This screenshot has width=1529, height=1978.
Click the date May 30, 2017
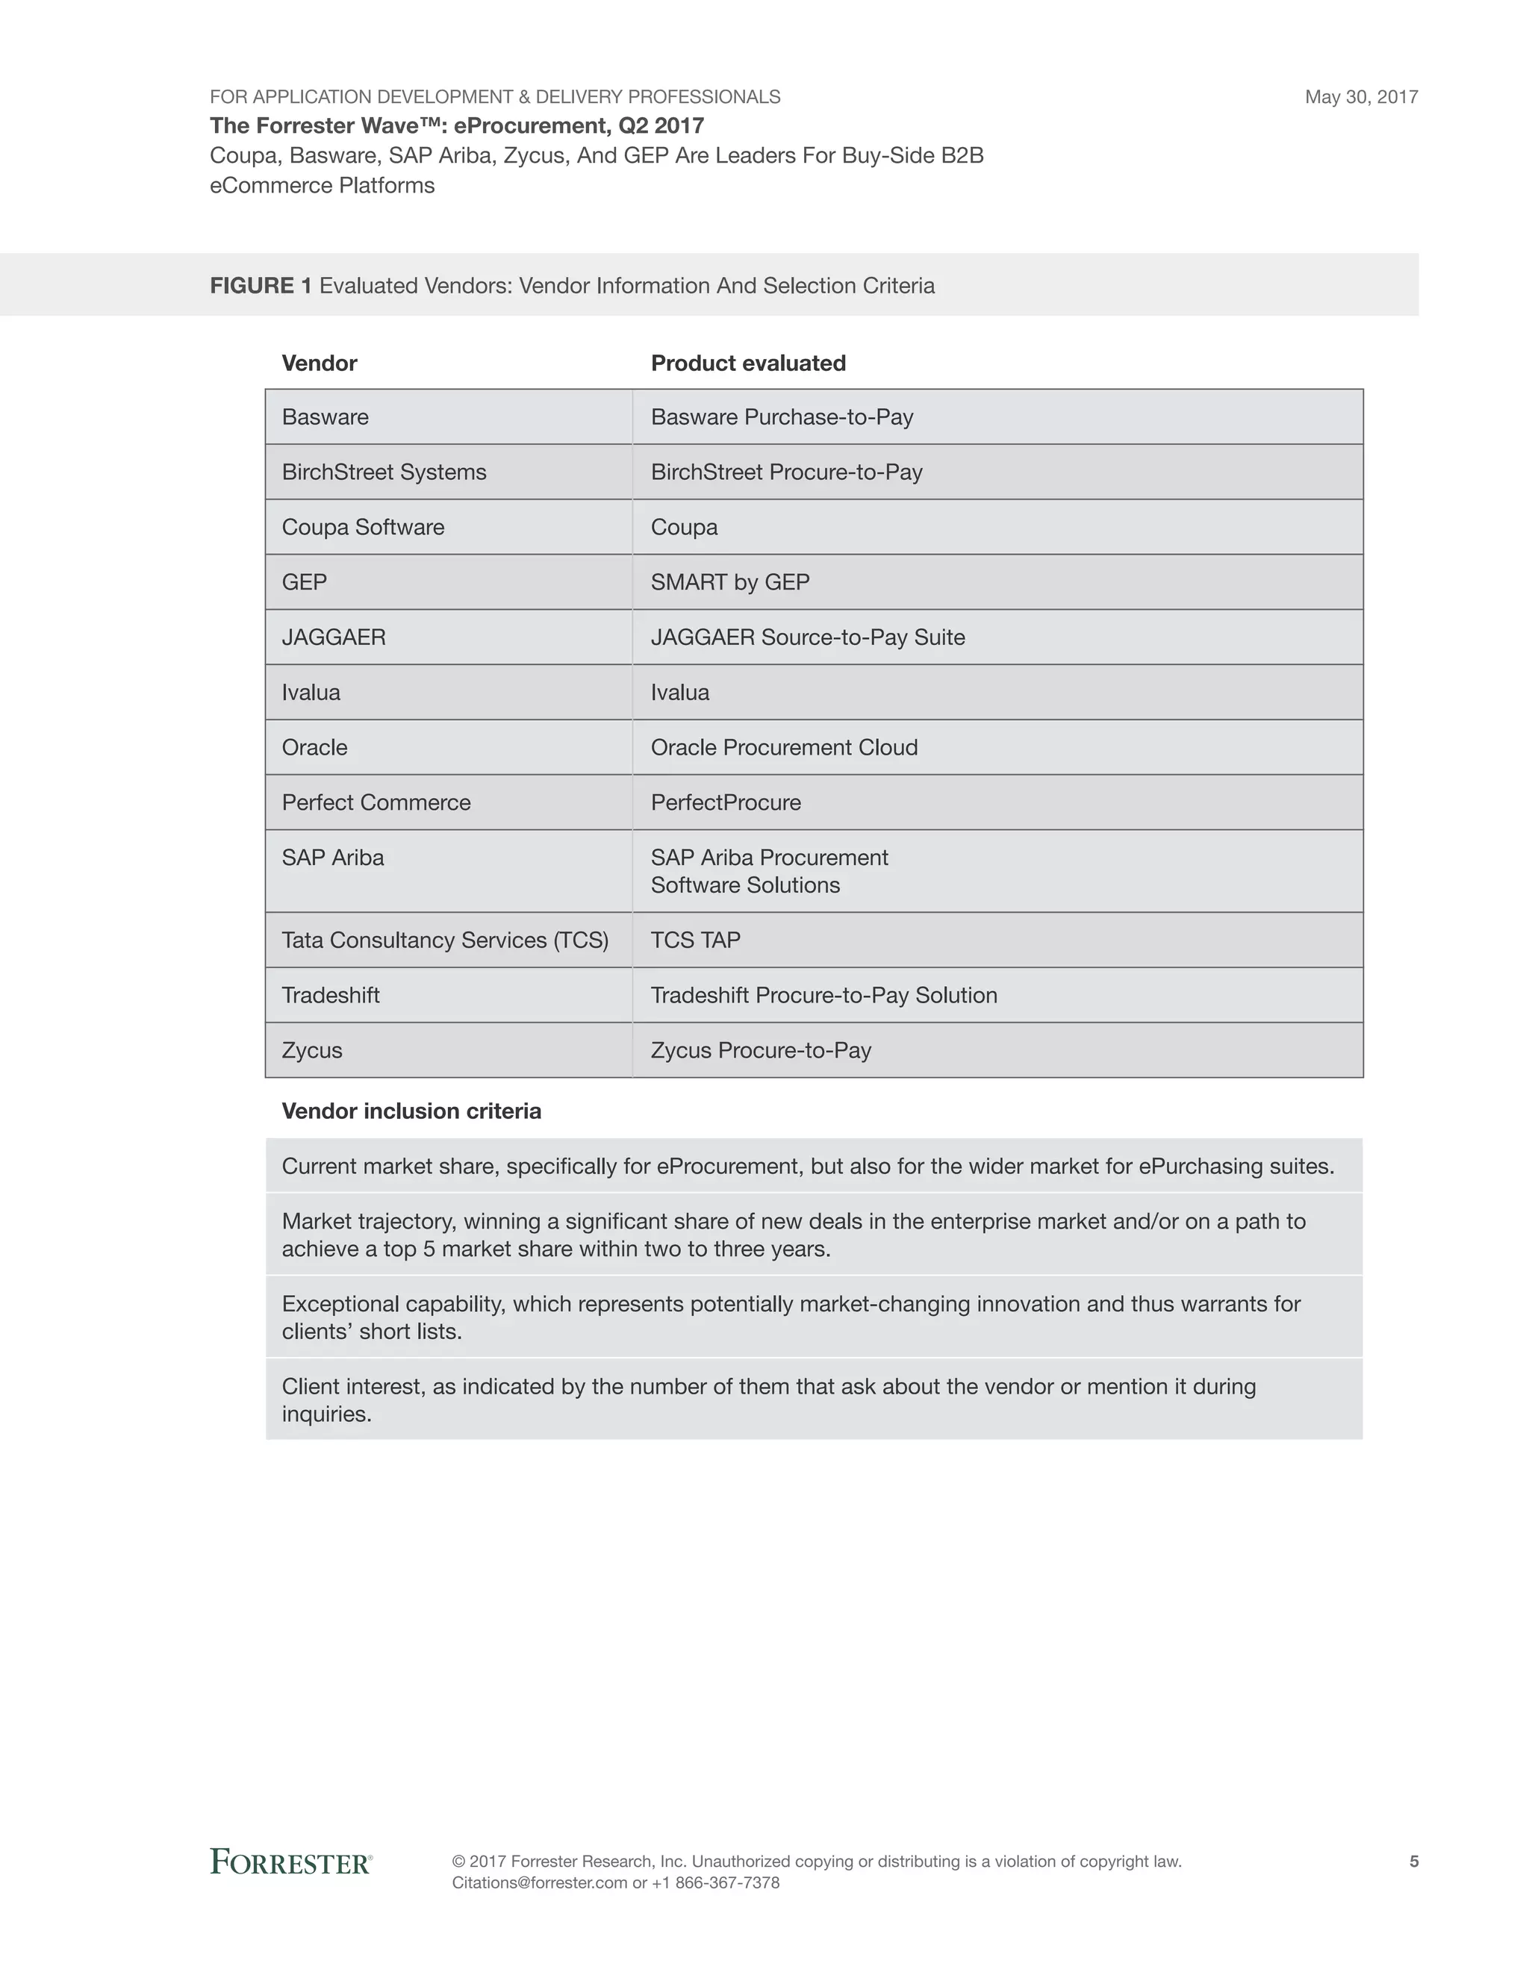[x=1360, y=97]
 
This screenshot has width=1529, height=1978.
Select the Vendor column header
[x=319, y=364]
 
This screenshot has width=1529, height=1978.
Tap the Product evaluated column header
[x=747, y=364]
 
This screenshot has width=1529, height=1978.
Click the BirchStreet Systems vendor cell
[x=384, y=472]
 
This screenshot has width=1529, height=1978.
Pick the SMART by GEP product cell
[x=730, y=581]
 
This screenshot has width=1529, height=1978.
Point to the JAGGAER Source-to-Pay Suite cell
[x=807, y=637]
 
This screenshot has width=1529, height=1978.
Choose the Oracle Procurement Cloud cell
[x=783, y=747]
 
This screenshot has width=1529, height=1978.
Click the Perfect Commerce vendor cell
[x=376, y=802]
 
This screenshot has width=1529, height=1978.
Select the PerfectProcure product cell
[x=726, y=802]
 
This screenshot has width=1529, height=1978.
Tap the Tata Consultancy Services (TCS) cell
[x=445, y=940]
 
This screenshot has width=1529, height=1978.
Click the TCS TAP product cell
[x=696, y=940]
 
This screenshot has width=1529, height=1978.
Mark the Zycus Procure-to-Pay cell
[x=761, y=1051]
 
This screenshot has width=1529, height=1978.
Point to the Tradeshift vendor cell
[x=331, y=995]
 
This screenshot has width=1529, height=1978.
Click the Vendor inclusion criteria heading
[x=411, y=1111]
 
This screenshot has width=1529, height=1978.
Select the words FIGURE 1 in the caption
[x=261, y=286]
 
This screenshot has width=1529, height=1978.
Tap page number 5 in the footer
[x=1413, y=1861]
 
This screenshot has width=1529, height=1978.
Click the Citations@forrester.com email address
[x=539, y=1883]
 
